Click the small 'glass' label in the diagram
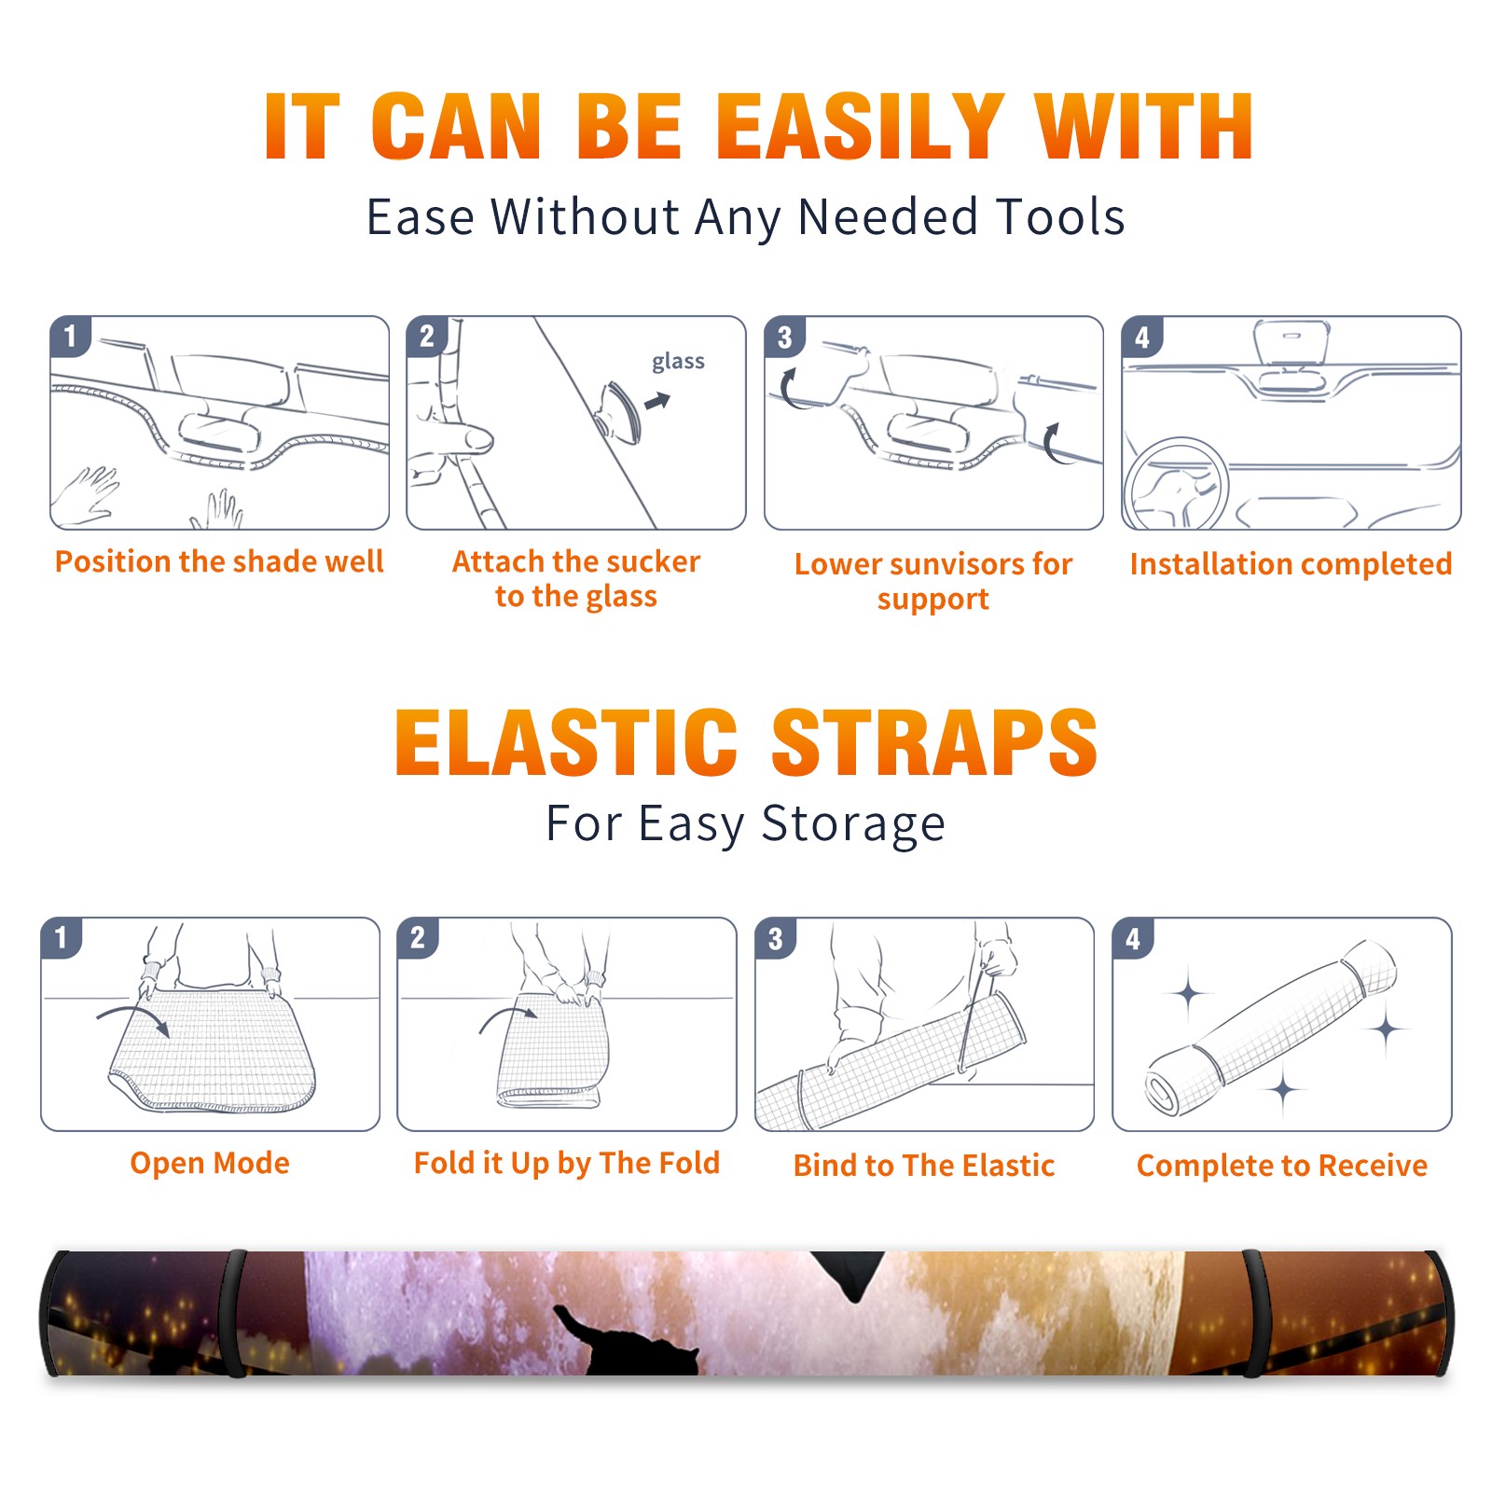pyautogui.click(x=678, y=362)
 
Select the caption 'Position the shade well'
pyautogui.click(x=219, y=561)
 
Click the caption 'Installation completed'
pyautogui.click(x=1291, y=563)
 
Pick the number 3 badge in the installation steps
pyautogui.click(x=785, y=338)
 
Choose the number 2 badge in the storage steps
pyautogui.click(x=418, y=937)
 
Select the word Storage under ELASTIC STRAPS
pyautogui.click(x=853, y=824)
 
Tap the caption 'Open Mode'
pyautogui.click(x=210, y=1163)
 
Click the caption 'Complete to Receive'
pyautogui.click(x=1282, y=1166)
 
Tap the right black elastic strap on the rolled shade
pyautogui.click(x=1254, y=1313)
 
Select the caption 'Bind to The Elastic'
pyautogui.click(x=924, y=1166)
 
